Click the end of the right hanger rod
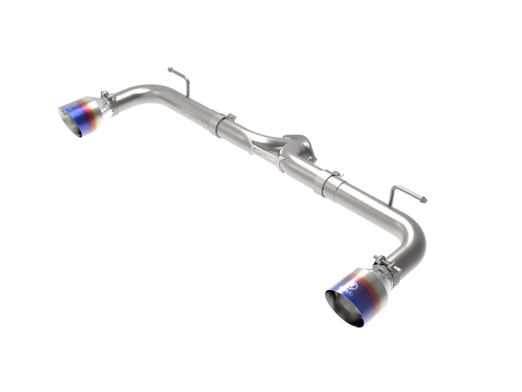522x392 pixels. [x=425, y=199]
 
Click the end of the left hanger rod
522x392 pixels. [x=170, y=69]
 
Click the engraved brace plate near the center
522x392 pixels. [x=268, y=153]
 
